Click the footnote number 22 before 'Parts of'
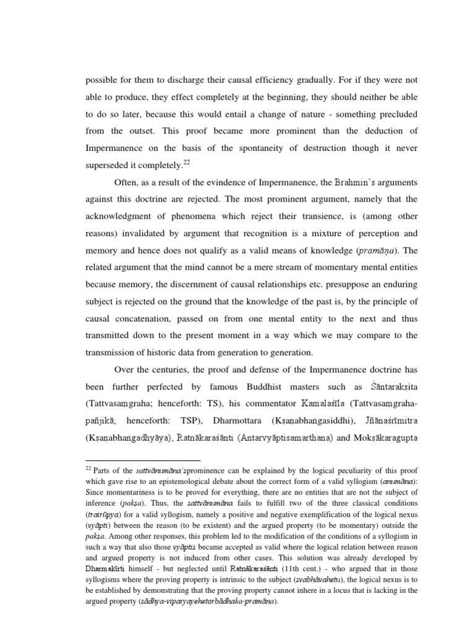[88, 468]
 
